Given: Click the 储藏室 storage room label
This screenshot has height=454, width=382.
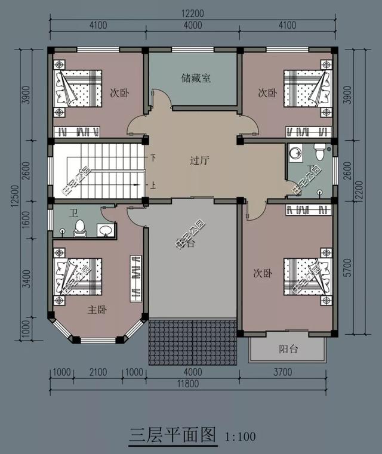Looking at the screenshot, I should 194,78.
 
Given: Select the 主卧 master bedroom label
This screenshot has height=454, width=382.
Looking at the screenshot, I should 97,310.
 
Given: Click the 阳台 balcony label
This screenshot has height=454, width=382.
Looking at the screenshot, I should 288,350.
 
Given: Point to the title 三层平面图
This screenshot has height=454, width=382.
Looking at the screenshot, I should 172,435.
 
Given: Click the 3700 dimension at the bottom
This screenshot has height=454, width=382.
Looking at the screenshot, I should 284,373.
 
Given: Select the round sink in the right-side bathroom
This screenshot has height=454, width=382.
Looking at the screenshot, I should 295,155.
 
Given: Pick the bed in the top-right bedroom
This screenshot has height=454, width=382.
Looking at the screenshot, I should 307,88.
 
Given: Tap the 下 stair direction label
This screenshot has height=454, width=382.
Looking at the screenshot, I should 153,159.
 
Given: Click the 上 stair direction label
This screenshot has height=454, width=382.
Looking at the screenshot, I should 153,185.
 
